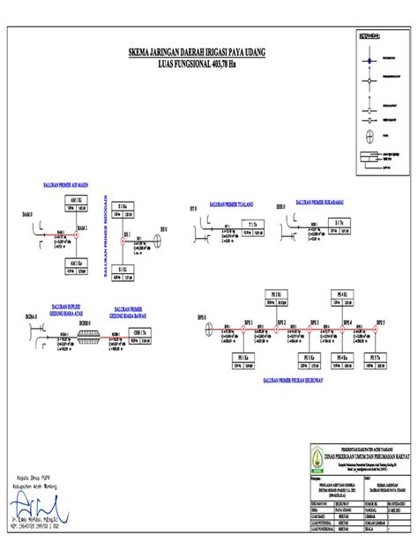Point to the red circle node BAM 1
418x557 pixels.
pos(74,234)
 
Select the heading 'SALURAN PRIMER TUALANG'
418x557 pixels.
pos(231,204)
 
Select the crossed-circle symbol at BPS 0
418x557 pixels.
pos(208,329)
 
